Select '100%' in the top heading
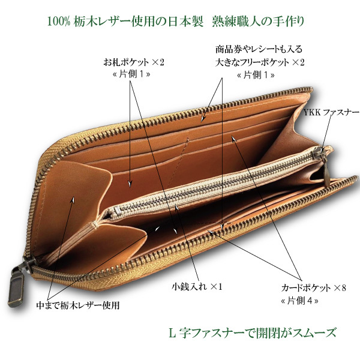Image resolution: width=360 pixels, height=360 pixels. point(59,22)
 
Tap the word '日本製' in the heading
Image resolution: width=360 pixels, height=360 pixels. point(179,22)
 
